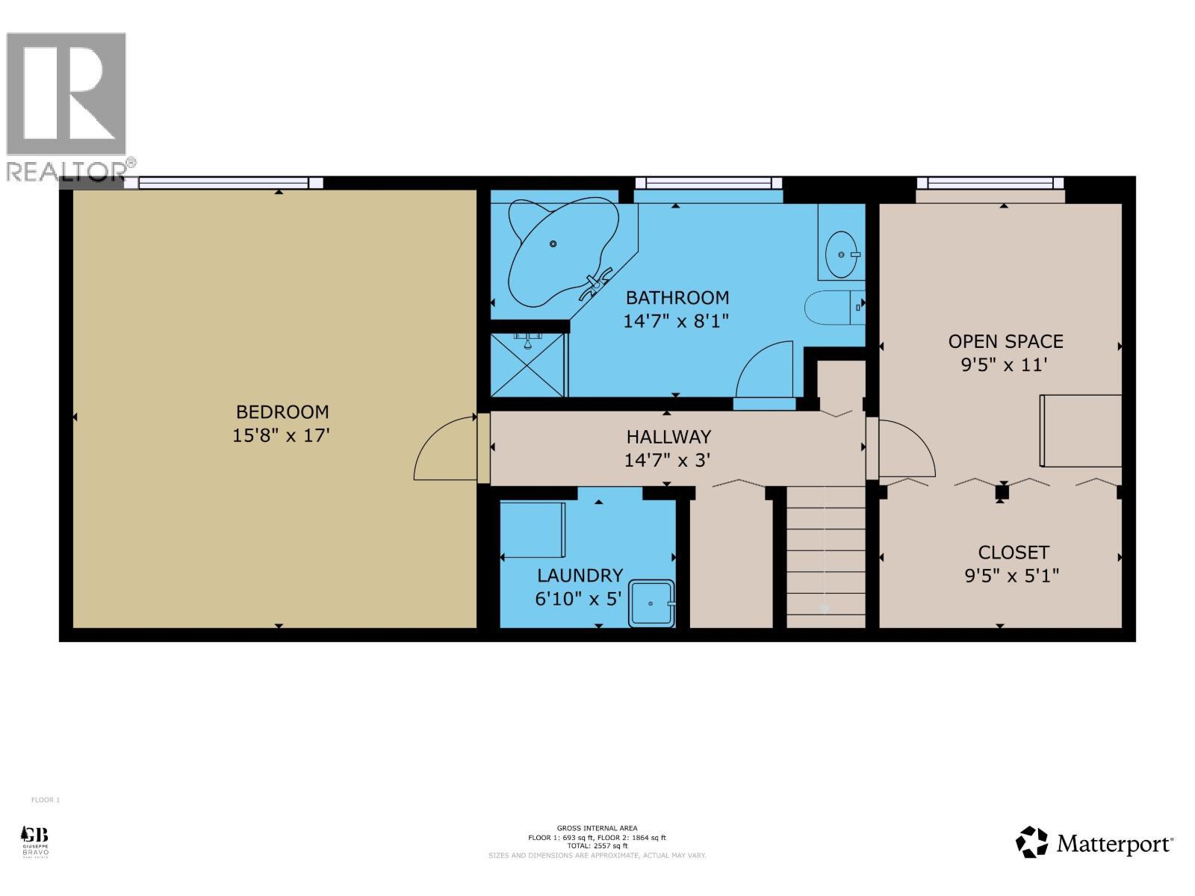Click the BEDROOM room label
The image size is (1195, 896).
click(x=282, y=412)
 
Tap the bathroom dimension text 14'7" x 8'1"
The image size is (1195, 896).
click(x=676, y=321)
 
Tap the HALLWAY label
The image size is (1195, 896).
click(x=668, y=437)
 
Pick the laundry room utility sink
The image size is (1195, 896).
click(x=652, y=603)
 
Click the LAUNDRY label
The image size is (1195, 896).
click(x=580, y=576)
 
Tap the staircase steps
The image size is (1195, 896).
click(x=825, y=556)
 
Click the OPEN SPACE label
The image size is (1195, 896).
click(x=1005, y=342)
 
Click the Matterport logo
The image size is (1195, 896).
click(x=1095, y=843)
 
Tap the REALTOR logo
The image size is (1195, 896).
click(x=67, y=105)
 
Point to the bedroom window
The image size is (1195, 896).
click(x=224, y=183)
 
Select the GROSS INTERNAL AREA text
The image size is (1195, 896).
click(x=597, y=828)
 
